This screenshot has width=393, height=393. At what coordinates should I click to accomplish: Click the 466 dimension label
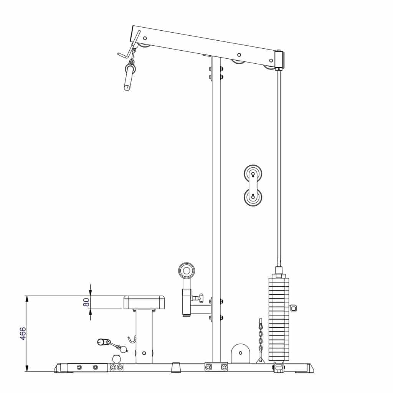point(23,334)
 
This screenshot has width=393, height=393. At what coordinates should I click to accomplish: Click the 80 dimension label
point(86,302)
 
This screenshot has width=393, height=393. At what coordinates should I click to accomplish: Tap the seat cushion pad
point(144,302)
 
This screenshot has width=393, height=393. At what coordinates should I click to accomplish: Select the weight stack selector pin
point(293,308)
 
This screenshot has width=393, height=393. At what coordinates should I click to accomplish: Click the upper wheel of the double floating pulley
point(253,173)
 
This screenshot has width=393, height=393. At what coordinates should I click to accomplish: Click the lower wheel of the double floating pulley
point(253,197)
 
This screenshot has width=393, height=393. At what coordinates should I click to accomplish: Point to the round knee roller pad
point(187,271)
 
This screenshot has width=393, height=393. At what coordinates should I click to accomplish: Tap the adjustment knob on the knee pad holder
point(199,298)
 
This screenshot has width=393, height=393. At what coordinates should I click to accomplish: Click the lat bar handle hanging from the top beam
point(129,78)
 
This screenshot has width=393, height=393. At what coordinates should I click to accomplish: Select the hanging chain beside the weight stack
point(261,340)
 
